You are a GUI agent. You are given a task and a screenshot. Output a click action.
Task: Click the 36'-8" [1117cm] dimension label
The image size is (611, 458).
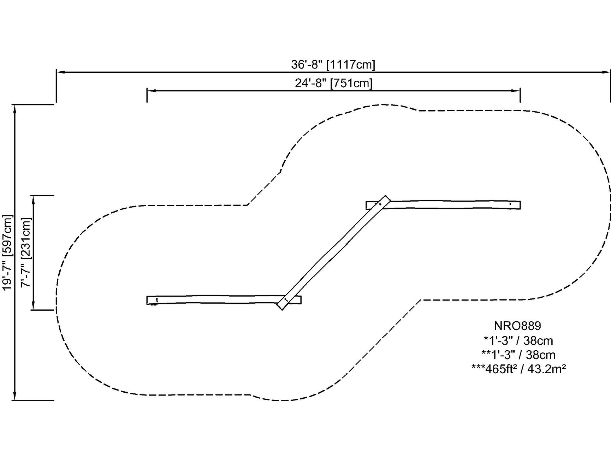coord(333,65)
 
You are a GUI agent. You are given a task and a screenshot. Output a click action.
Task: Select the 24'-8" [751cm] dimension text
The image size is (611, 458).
coord(334,83)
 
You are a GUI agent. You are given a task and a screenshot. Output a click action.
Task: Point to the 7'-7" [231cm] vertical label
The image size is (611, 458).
coord(26,252)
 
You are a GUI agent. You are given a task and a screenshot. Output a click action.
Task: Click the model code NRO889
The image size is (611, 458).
coord(517,326)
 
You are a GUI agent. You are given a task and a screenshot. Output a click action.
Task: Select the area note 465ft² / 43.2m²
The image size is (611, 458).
coord(519,369)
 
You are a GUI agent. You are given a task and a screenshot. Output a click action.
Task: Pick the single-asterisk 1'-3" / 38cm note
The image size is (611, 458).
coord(518,340)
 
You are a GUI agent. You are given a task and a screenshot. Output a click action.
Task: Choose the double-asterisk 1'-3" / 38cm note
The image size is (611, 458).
coord(518,355)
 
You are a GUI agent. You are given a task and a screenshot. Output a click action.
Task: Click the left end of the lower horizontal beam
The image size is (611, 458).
coord(148,300)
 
